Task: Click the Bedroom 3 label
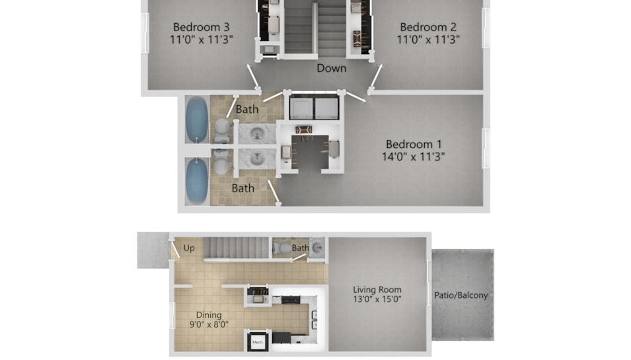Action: (x=202, y=27)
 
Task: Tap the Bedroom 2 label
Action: (x=428, y=27)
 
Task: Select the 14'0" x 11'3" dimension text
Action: (x=414, y=157)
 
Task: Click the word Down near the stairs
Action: (x=331, y=68)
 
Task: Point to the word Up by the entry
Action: (x=189, y=248)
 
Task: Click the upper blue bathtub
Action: (x=197, y=120)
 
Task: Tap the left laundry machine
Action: (x=302, y=108)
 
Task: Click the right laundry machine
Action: (x=326, y=108)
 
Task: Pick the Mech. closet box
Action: (x=258, y=342)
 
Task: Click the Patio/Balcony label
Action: (x=461, y=295)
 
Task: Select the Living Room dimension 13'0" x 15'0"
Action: (x=377, y=299)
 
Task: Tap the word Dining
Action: (x=208, y=315)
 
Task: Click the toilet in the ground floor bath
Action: (x=284, y=248)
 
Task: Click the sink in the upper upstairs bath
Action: (x=257, y=133)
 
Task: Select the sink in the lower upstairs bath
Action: (x=257, y=160)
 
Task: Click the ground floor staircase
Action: (x=237, y=247)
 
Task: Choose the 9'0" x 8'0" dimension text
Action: (x=209, y=324)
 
